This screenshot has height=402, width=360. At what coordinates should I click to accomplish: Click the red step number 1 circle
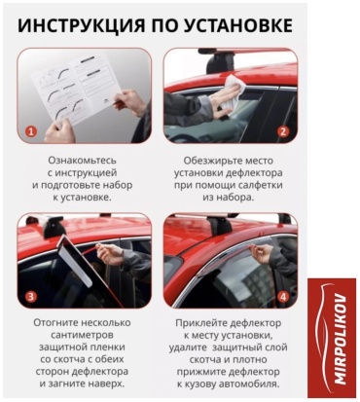coord(31,131)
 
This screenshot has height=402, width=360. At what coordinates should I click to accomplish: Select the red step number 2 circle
coord(283,131)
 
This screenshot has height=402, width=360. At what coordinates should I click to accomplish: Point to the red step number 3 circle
coord(31,297)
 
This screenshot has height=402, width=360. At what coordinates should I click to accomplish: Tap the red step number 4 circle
coord(283,297)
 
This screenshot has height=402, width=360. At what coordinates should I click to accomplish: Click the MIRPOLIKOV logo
coord(332,338)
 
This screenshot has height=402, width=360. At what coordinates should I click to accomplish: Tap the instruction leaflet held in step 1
coord(78,88)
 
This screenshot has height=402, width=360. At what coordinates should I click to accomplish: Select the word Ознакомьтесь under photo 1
coord(82,161)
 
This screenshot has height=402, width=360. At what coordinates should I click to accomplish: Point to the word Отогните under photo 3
coord(54,323)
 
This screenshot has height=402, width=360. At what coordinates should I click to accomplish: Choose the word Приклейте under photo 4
coord(200,323)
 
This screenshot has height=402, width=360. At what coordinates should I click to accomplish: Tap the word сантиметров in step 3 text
coord(82,335)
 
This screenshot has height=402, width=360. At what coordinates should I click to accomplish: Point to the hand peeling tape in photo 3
coord(110,252)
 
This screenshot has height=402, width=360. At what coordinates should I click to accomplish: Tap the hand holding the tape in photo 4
coord(262,253)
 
